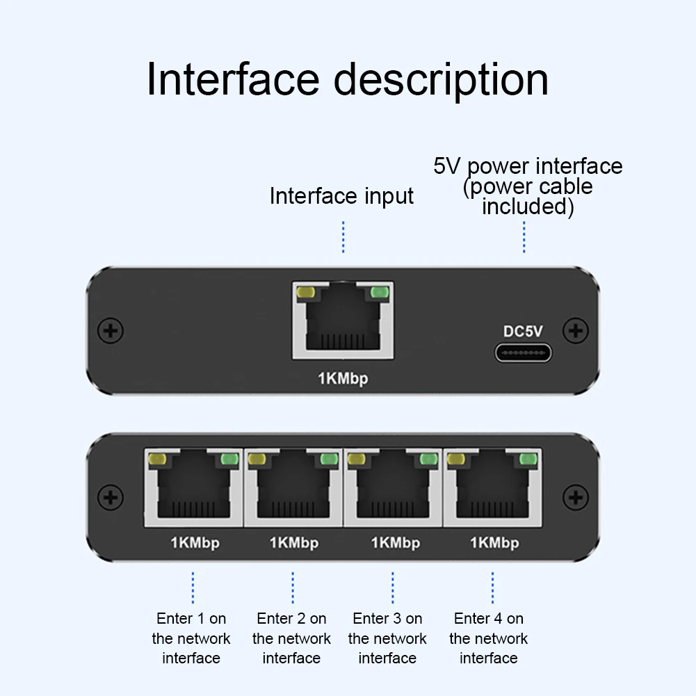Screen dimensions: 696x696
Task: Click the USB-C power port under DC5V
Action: [x=523, y=353]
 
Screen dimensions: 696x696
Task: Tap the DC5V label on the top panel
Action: [x=524, y=332]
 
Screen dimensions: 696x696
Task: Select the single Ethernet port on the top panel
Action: [x=343, y=321]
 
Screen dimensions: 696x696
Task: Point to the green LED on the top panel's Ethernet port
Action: [x=380, y=293]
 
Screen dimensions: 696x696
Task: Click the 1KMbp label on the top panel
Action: [x=343, y=378]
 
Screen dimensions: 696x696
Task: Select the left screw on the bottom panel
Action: [x=110, y=496]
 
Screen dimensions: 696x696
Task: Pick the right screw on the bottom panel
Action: [x=575, y=496]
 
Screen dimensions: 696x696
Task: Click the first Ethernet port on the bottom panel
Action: [x=193, y=487]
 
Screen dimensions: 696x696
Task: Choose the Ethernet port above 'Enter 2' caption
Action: [x=293, y=487]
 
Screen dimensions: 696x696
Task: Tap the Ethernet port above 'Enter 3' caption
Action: [x=393, y=487]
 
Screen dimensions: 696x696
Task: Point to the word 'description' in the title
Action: [x=442, y=80]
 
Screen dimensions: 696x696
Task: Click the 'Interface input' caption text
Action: [x=341, y=196]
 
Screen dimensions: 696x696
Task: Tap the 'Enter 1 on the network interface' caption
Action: [x=191, y=638]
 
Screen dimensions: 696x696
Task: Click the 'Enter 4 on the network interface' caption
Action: [x=489, y=638]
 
